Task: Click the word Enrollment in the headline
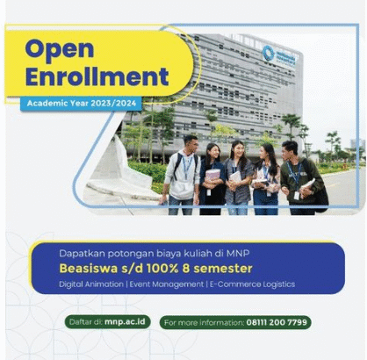pyautogui.click(x=97, y=76)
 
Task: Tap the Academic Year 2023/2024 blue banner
pyautogui.click(x=82, y=104)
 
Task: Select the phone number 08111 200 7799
pyautogui.click(x=277, y=322)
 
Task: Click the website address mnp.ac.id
pyautogui.click(x=125, y=321)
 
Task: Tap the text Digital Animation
pyautogui.click(x=91, y=284)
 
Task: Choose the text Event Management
pyautogui.click(x=167, y=284)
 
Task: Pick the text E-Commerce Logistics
pyautogui.click(x=252, y=284)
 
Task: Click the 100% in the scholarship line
pyautogui.click(x=162, y=269)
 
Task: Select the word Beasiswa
pyautogui.click(x=89, y=269)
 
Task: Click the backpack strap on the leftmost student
pyautogui.click(x=177, y=166)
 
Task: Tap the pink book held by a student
pyautogui.click(x=212, y=175)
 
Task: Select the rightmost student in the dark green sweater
pyautogui.click(x=301, y=177)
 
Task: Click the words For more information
pyautogui.click(x=204, y=322)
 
